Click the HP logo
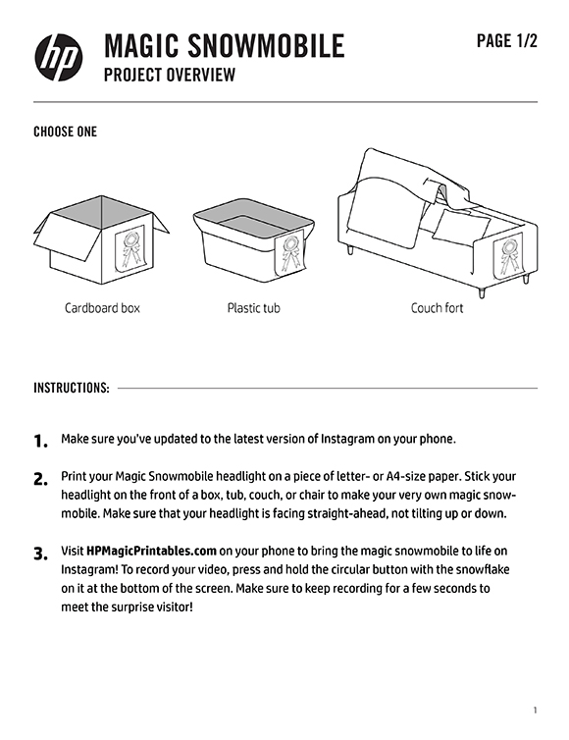(59, 57)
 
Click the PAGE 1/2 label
(507, 41)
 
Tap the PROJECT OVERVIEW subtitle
(170, 75)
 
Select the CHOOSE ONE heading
(65, 132)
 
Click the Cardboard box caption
(102, 308)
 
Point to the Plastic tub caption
(254, 308)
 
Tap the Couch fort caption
(437, 308)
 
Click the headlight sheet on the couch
(508, 258)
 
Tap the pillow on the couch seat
(461, 225)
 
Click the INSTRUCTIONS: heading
(72, 388)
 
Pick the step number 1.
(41, 442)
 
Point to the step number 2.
(41, 479)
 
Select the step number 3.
(41, 554)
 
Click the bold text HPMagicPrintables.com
(151, 552)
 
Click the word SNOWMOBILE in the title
(266, 46)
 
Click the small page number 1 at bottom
(535, 711)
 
